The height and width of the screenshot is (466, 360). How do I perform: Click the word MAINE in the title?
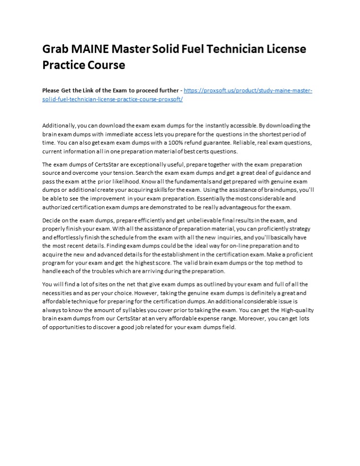pos(89,50)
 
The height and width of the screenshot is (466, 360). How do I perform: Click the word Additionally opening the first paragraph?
pos(59,126)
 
